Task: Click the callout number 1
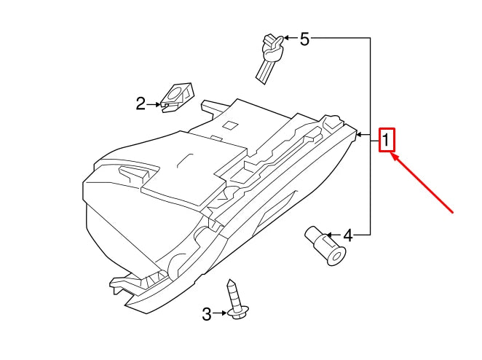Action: click(x=387, y=138)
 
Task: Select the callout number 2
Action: click(x=141, y=104)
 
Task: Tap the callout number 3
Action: click(x=207, y=314)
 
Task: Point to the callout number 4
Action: click(x=347, y=235)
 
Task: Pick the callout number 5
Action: click(x=304, y=39)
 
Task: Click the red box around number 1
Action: click(x=387, y=139)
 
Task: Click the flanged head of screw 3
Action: click(x=237, y=314)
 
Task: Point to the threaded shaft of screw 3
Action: click(x=234, y=293)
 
